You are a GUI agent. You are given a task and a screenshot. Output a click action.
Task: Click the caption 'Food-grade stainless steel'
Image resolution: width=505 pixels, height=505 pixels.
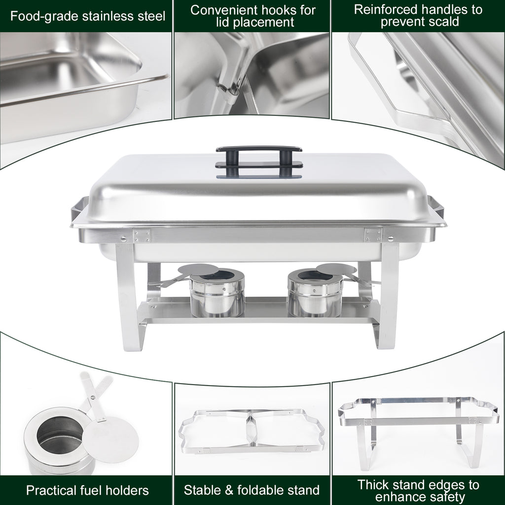[88, 16]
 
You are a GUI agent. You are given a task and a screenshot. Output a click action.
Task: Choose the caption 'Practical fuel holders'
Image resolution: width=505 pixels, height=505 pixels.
[87, 490]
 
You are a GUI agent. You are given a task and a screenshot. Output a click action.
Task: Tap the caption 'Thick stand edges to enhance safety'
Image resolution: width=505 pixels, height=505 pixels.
[418, 490]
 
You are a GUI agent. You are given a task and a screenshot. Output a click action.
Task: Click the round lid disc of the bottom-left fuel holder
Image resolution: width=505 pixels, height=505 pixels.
[110, 439]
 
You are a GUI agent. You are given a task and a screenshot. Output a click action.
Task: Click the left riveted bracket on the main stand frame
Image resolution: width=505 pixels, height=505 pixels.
[141, 235]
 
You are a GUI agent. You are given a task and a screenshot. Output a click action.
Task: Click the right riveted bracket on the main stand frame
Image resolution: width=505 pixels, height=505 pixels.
[373, 235]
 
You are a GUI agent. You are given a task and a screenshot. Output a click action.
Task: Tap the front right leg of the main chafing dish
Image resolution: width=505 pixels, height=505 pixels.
[388, 296]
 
